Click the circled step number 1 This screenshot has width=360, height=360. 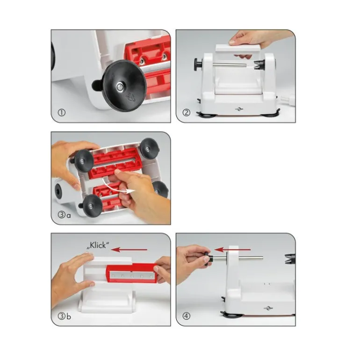62,113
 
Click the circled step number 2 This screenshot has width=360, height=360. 186,113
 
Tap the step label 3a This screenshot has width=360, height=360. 65,215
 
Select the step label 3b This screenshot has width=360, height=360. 65,316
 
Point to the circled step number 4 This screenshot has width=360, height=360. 186,316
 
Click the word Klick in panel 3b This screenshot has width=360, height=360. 98,245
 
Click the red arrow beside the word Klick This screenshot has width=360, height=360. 129,250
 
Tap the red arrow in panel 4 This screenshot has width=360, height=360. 232,250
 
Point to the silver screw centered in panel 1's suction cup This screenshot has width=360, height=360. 119,86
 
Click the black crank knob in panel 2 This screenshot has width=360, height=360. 198,64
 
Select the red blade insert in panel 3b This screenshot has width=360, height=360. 131,273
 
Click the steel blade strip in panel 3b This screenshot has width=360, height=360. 132,275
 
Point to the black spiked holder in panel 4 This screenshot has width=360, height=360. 290,259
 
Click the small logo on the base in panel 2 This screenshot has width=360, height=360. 239,109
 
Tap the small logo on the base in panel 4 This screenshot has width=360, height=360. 268,308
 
